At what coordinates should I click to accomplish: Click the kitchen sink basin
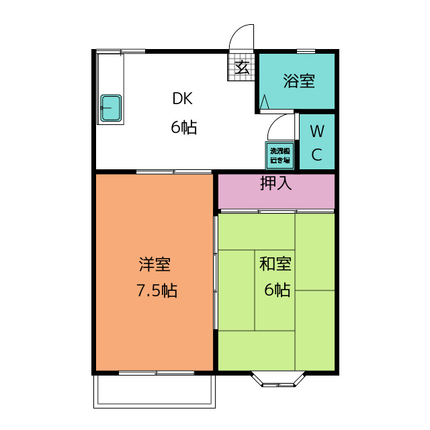(110, 108)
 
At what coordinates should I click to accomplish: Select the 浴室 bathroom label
(299, 82)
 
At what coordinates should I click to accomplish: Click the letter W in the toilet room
(317, 130)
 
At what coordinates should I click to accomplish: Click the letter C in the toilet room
(317, 155)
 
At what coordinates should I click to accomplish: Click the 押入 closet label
(276, 183)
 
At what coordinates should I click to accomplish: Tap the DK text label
(183, 99)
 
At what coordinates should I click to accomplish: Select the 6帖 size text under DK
(183, 128)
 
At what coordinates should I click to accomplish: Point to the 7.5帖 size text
(157, 291)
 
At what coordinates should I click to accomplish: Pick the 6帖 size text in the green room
(277, 290)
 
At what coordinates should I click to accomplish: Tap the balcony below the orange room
(155, 391)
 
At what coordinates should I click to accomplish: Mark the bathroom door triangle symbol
(265, 101)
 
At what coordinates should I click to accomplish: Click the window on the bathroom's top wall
(306, 51)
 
